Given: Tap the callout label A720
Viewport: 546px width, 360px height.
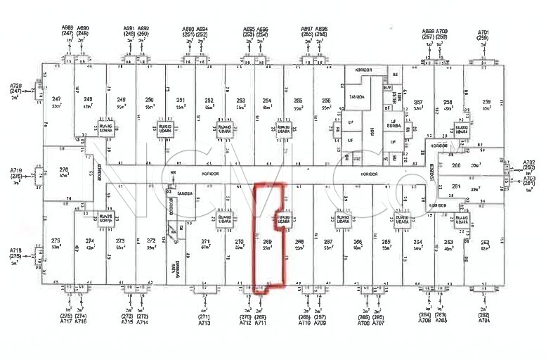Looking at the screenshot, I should (x=16, y=85).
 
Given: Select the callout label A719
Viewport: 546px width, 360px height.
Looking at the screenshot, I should (x=16, y=171).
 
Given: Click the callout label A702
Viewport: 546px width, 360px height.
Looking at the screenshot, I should (x=528, y=162).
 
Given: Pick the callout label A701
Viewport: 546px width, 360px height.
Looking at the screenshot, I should (x=483, y=32).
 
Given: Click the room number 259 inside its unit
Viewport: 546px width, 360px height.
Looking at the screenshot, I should (x=486, y=102).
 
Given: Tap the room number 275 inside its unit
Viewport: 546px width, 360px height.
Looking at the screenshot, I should (x=56, y=241).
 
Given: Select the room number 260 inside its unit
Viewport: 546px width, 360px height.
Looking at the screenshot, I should (x=455, y=165).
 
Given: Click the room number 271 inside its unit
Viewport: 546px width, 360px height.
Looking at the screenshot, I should (x=206, y=241).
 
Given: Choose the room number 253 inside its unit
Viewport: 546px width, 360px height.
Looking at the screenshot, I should (x=240, y=101).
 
